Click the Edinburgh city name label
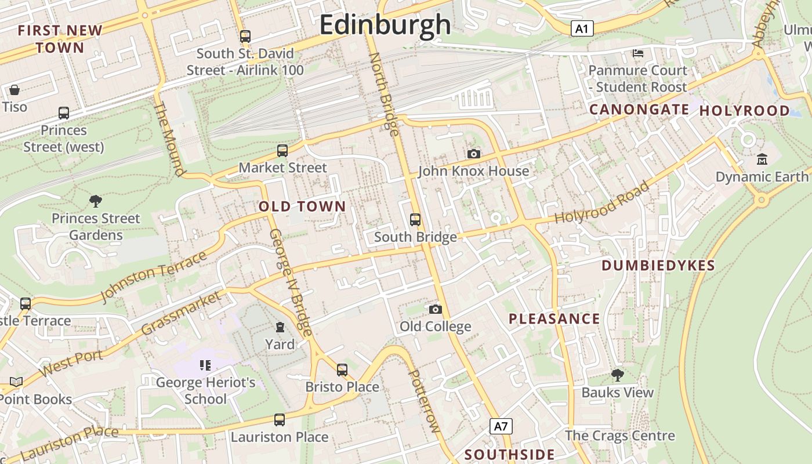pyautogui.click(x=385, y=24)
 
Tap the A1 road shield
pyautogui.click(x=582, y=28)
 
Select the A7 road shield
pyautogui.click(x=501, y=427)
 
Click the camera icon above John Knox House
pyautogui.click(x=474, y=154)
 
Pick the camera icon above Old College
pyautogui.click(x=435, y=309)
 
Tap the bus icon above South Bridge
pyautogui.click(x=415, y=220)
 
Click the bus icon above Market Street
pyautogui.click(x=282, y=151)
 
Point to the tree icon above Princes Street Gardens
pyautogui.click(x=96, y=201)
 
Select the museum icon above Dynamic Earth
pyautogui.click(x=762, y=159)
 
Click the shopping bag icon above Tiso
pyautogui.click(x=14, y=90)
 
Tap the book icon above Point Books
pyautogui.click(x=16, y=382)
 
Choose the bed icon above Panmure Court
pyautogui.click(x=638, y=53)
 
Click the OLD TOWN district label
pyautogui.click(x=302, y=206)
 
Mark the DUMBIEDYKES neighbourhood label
pyautogui.click(x=658, y=266)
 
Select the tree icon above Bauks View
pyautogui.click(x=618, y=375)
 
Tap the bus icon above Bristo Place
pyautogui.click(x=342, y=369)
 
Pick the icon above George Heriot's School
pyautogui.click(x=205, y=365)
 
